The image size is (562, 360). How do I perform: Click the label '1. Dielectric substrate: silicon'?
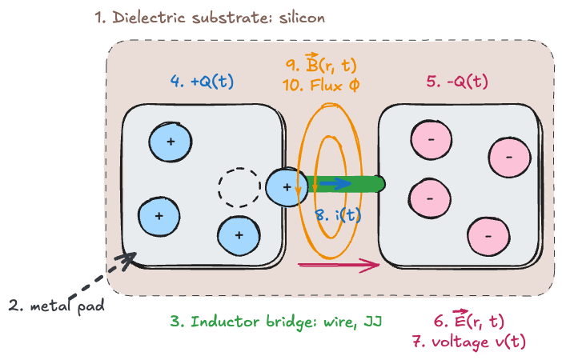pos(211,18)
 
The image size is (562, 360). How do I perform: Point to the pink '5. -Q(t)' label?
pos(458,82)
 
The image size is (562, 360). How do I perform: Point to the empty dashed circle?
pos(239,188)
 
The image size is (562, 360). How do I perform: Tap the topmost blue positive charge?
pos(170,142)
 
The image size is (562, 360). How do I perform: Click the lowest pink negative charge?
pos(488,237)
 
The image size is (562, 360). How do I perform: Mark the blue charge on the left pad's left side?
pos(159,216)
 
